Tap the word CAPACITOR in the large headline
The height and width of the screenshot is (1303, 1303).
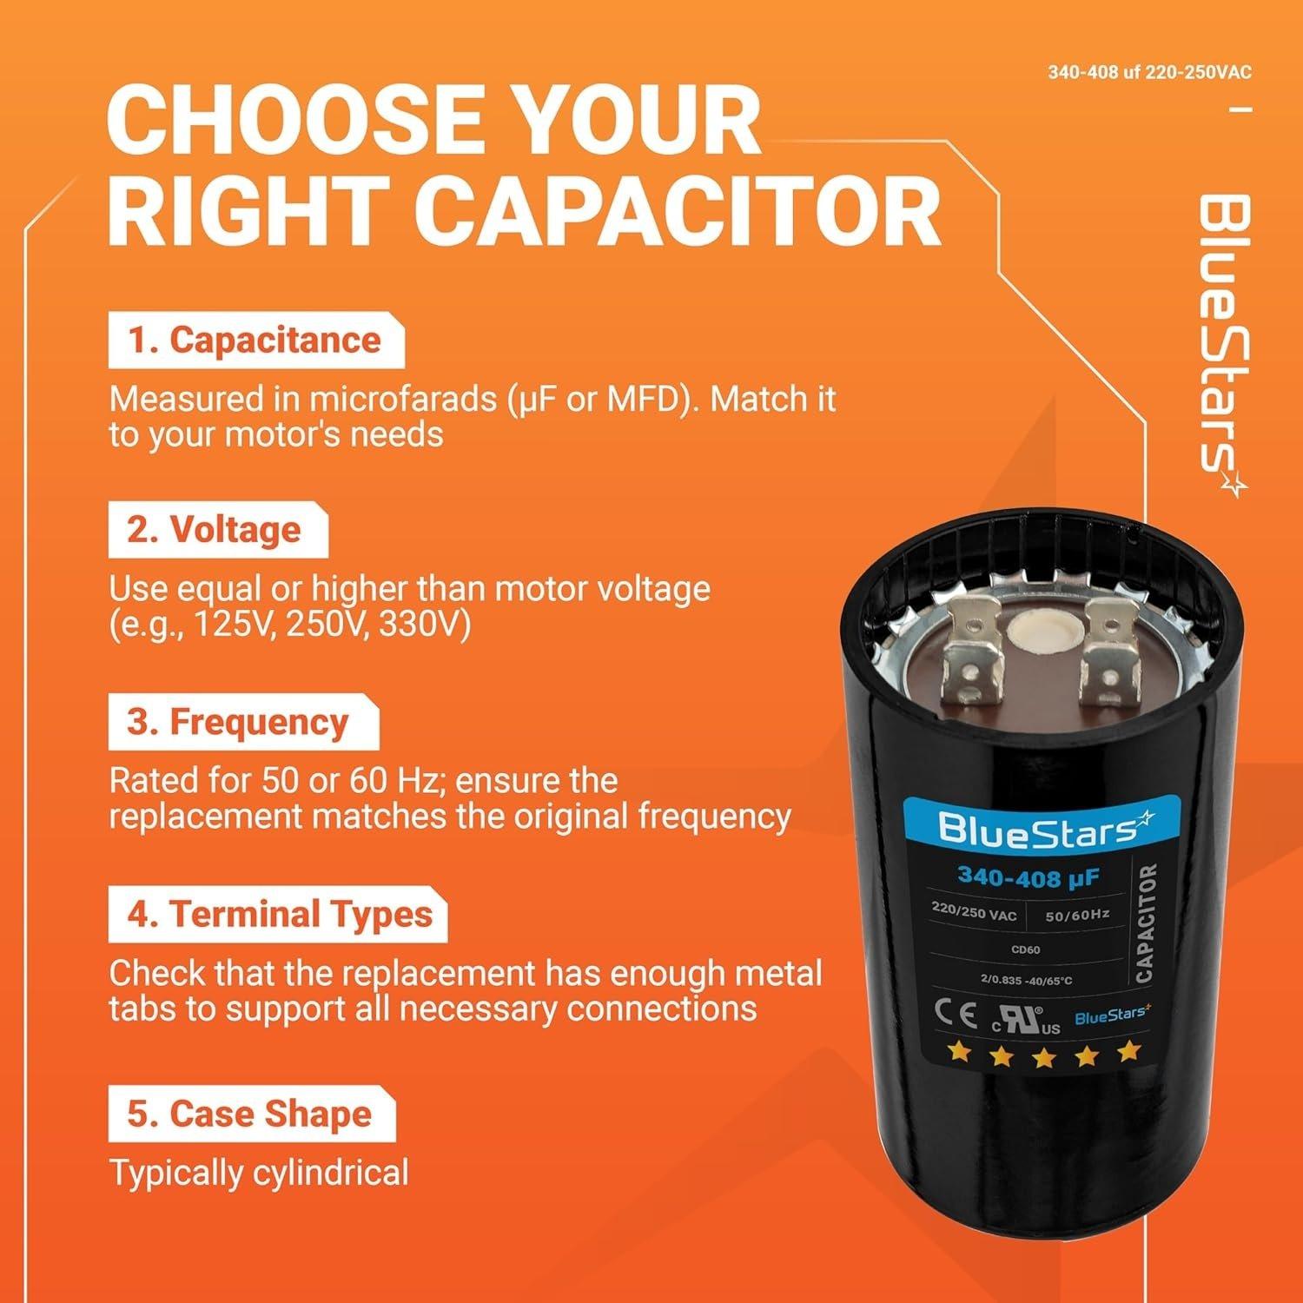(678, 214)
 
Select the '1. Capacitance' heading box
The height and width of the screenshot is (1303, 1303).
(255, 341)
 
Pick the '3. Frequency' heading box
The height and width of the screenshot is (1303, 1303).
(242, 722)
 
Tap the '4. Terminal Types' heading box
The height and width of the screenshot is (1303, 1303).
(277, 915)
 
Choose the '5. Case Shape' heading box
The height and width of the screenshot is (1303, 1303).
(251, 1114)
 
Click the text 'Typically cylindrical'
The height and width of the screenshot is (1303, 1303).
(258, 1173)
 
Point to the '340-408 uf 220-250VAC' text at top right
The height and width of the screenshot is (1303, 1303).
(1149, 72)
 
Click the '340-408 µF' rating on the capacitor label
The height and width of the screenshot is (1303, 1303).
(1029, 877)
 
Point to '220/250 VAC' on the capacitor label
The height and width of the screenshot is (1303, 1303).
(973, 912)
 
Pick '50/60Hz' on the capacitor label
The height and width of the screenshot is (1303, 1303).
(1077, 915)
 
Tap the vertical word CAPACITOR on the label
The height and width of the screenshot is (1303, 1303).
(1146, 923)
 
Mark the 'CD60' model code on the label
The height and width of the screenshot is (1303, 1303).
(1026, 949)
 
